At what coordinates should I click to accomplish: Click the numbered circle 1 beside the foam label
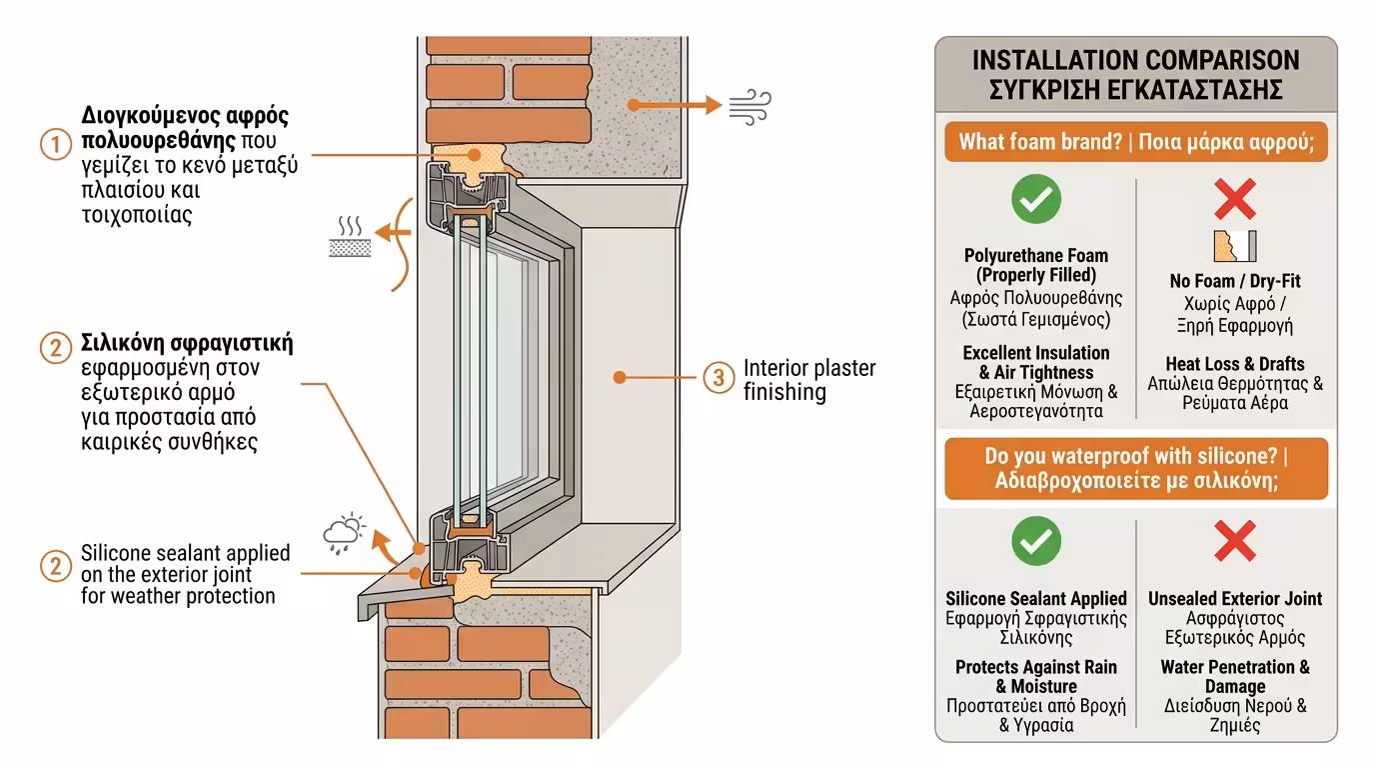tap(56, 144)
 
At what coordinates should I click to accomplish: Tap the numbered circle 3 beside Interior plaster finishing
tap(718, 379)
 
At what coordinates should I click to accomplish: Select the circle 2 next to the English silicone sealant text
tap(56, 567)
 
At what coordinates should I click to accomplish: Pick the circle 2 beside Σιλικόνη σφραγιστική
tap(56, 348)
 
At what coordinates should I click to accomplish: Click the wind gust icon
tap(749, 106)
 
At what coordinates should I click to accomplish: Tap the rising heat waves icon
tap(350, 236)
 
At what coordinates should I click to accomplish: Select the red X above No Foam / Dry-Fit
tap(1235, 198)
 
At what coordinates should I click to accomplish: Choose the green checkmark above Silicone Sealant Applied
tap(1036, 542)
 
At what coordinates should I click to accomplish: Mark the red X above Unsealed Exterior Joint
tap(1235, 542)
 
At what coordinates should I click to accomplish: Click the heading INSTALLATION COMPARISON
tap(1136, 60)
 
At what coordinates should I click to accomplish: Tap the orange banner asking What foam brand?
tap(1136, 142)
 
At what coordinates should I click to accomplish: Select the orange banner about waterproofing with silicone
tap(1136, 469)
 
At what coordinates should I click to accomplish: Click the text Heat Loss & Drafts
tap(1235, 364)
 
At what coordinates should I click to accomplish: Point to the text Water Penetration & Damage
tap(1235, 677)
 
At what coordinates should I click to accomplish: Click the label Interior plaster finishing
tap(809, 380)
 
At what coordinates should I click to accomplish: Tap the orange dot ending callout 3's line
tap(620, 378)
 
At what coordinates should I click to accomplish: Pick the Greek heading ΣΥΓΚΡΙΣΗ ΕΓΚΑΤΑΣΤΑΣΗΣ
tap(1136, 90)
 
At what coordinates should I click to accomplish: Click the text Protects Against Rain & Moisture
tap(1036, 677)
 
